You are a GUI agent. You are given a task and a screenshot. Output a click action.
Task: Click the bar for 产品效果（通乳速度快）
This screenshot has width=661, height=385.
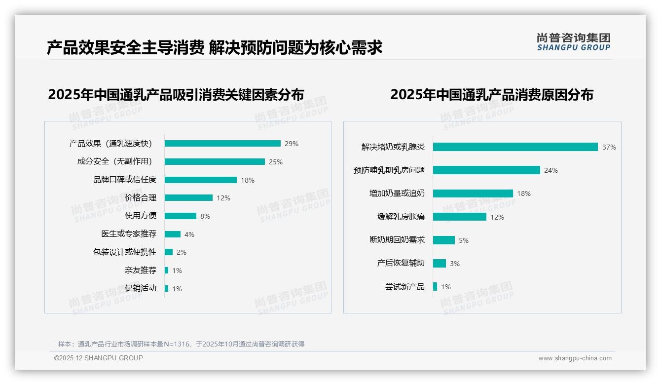(x=222, y=144)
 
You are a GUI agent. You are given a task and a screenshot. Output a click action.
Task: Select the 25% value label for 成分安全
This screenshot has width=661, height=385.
(x=276, y=162)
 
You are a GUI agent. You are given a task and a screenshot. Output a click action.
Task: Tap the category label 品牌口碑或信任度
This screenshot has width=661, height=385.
(x=125, y=180)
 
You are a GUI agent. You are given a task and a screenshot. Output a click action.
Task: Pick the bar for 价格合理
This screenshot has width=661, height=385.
(x=188, y=198)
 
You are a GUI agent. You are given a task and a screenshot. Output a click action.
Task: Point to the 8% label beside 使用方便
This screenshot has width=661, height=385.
(x=205, y=216)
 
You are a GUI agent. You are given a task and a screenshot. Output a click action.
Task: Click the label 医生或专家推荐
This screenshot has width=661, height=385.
(x=129, y=234)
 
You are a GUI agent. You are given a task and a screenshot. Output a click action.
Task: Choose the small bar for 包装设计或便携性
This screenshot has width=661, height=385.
(x=169, y=252)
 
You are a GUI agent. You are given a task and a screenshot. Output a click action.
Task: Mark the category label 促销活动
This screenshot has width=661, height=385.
(x=141, y=288)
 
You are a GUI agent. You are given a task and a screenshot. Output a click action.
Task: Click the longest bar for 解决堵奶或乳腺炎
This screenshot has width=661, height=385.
(x=515, y=147)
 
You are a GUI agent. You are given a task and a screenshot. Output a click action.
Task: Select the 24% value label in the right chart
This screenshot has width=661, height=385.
(x=551, y=170)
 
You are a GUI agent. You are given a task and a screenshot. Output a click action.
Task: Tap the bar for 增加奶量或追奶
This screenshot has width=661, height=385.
(x=473, y=193)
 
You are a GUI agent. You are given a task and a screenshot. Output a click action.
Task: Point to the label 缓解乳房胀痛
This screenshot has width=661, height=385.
(x=401, y=217)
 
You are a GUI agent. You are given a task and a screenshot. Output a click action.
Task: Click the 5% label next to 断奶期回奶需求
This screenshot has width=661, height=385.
(x=464, y=240)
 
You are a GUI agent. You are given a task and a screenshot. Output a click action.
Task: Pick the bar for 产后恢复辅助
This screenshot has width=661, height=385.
(x=440, y=264)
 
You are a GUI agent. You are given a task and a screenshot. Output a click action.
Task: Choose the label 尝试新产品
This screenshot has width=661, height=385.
(x=405, y=287)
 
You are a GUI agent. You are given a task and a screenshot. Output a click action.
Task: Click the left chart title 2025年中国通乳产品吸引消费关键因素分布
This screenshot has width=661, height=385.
(x=176, y=94)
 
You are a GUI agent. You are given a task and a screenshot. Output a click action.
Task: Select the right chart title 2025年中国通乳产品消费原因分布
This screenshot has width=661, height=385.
(x=492, y=94)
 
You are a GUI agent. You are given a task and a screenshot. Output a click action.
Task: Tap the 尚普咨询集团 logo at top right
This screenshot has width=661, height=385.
(x=574, y=42)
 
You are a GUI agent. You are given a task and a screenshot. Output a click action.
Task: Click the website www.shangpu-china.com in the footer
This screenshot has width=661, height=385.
(x=575, y=358)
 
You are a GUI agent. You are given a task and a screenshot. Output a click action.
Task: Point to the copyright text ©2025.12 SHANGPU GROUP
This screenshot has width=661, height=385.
(x=99, y=358)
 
